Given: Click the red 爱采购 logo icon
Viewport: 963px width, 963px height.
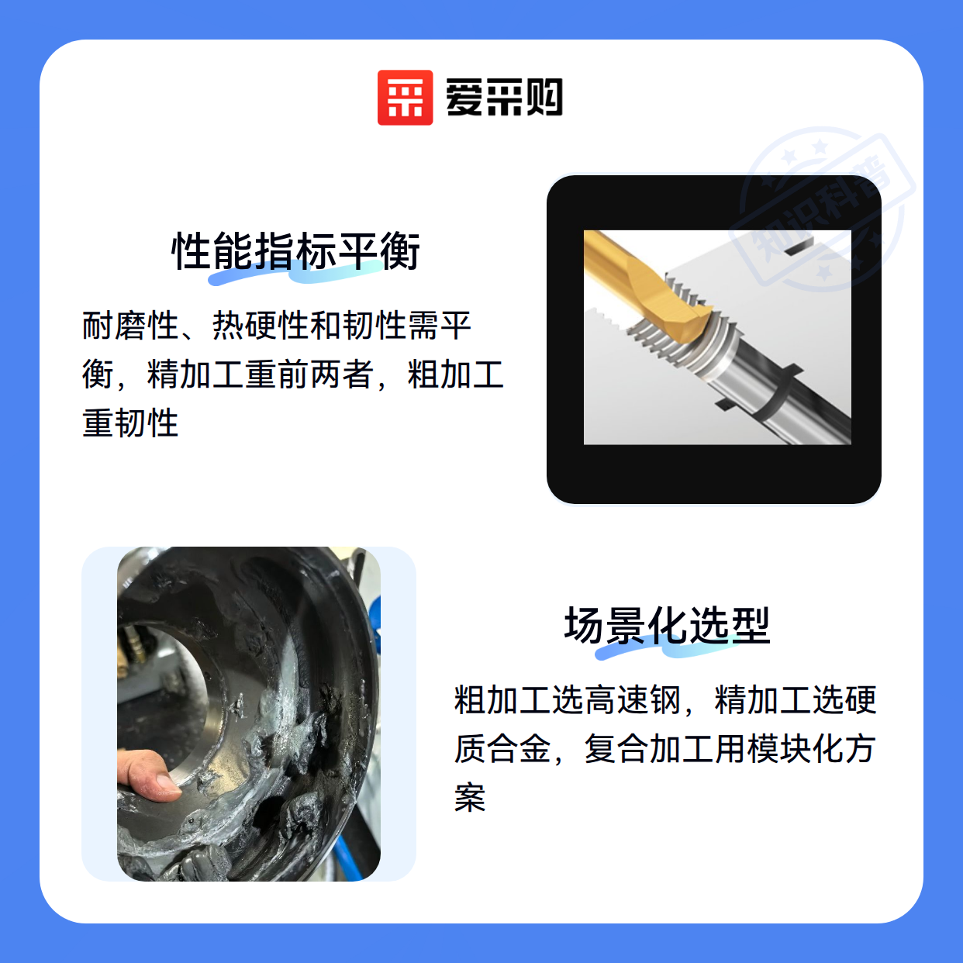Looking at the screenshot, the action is (x=405, y=98).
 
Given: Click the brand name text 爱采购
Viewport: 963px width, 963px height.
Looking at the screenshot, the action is (x=504, y=98).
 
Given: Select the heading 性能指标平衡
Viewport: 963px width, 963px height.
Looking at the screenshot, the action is (x=295, y=251).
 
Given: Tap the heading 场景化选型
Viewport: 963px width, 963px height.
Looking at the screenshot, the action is (x=667, y=626).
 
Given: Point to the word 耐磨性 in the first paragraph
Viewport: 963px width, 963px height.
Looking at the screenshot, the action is (x=130, y=326).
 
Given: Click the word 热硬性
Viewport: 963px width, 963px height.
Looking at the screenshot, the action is (x=261, y=326).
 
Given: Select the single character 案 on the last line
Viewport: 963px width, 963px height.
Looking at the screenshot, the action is (x=470, y=798).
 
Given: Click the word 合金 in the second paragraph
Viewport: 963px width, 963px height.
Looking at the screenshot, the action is (x=519, y=748).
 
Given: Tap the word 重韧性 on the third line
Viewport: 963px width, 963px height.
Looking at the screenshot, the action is (x=130, y=423).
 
